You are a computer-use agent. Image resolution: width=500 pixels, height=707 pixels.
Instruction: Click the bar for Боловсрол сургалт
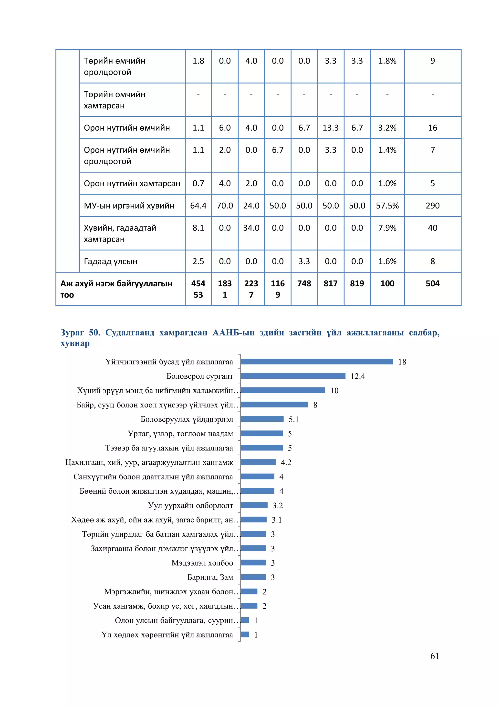(293, 376)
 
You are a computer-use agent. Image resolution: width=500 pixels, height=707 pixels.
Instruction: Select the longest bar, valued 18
(316, 361)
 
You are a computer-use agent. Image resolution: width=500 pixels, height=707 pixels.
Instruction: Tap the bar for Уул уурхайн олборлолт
(254, 505)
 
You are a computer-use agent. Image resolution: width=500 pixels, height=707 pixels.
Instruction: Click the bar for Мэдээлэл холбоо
(253, 562)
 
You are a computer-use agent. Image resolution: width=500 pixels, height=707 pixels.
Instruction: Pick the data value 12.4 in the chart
(358, 376)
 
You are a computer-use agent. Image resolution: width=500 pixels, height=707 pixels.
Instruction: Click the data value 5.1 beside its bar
(293, 419)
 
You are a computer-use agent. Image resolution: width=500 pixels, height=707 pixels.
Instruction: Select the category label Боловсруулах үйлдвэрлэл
(187, 419)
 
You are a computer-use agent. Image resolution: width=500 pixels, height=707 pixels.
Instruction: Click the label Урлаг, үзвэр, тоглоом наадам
(180, 434)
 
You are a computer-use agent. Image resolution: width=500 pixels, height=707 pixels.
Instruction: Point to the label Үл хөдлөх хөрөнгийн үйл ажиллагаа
(167, 635)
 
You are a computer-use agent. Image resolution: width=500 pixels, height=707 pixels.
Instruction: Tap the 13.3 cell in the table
(330, 127)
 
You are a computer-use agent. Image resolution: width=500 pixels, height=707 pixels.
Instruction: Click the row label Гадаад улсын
(111, 261)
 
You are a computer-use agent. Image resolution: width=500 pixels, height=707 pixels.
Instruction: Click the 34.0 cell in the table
(251, 228)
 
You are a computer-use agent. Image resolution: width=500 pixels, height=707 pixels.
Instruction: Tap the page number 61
(434, 656)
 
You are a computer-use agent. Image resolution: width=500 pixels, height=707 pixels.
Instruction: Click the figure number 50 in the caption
(94, 333)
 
